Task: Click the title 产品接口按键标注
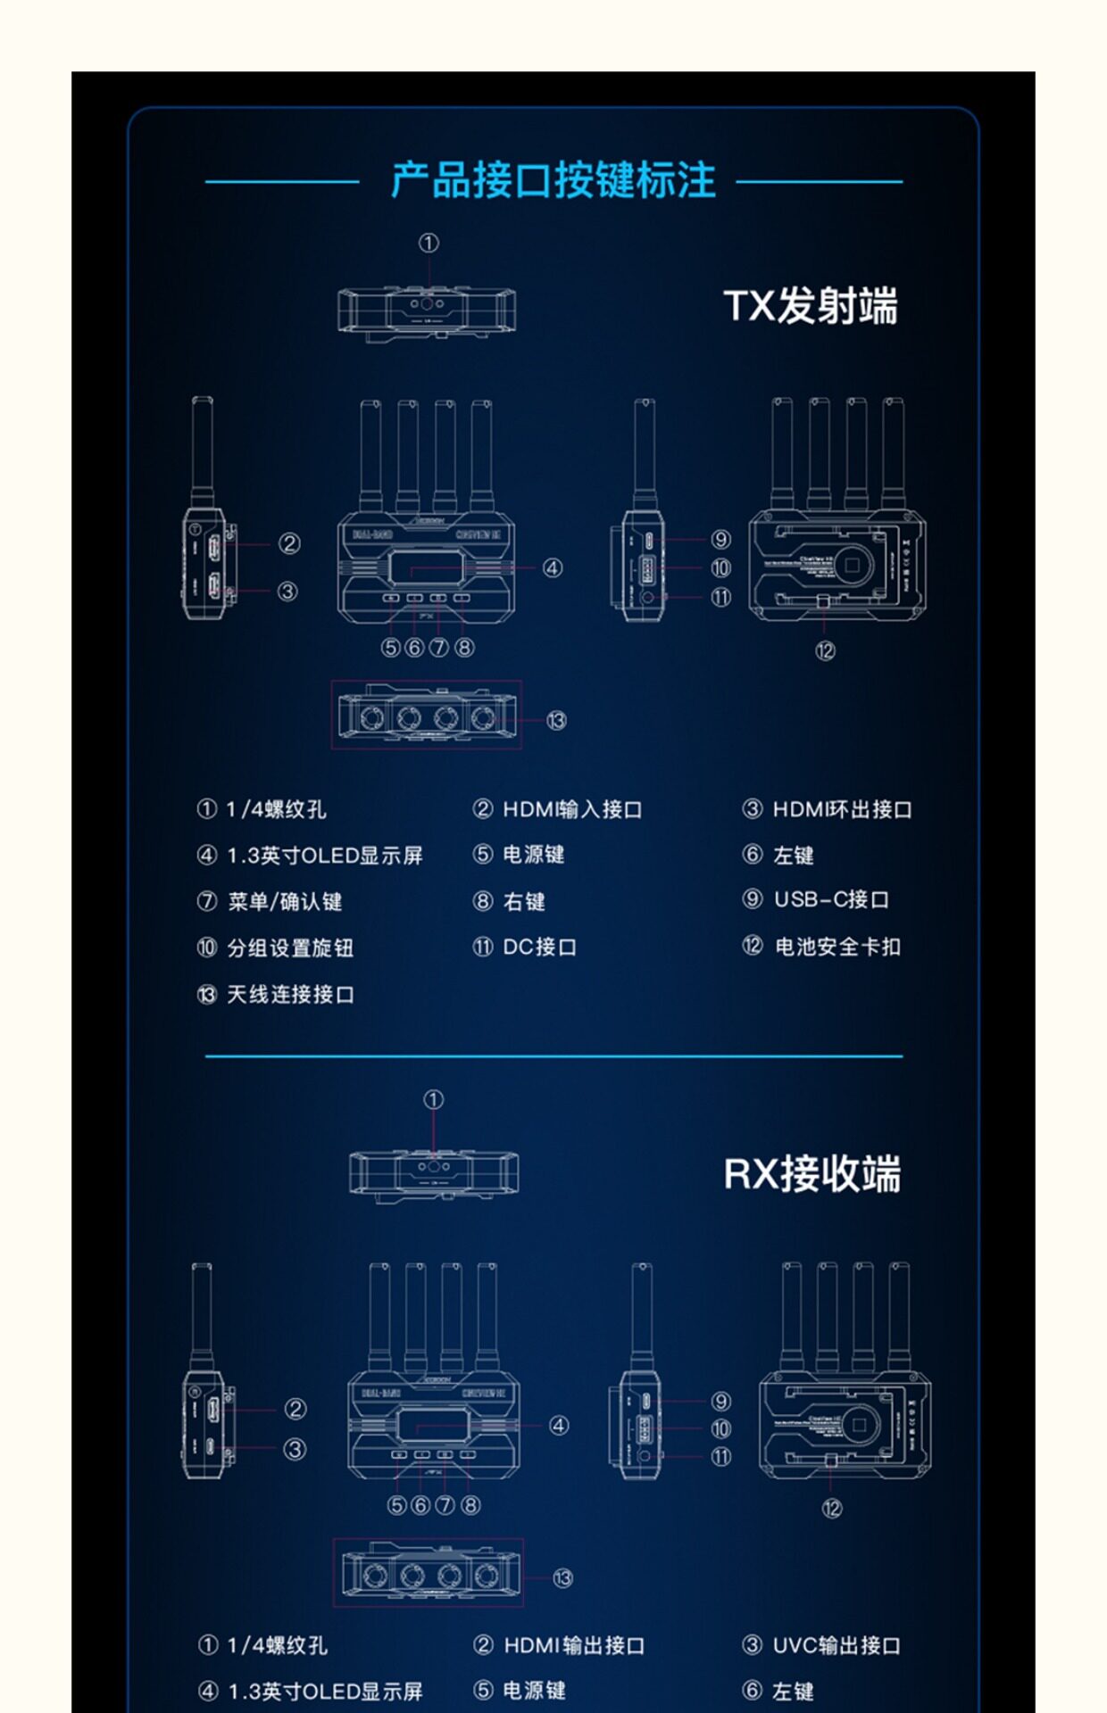pyautogui.click(x=553, y=180)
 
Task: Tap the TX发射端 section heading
pyautogui.click(x=810, y=306)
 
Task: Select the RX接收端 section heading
pyautogui.click(x=812, y=1173)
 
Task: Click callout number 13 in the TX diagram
pyautogui.click(x=556, y=720)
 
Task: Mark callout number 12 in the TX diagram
pyautogui.click(x=825, y=651)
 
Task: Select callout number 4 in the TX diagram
pyautogui.click(x=553, y=567)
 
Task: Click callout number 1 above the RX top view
pyautogui.click(x=433, y=1100)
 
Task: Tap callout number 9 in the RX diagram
pyautogui.click(x=721, y=1402)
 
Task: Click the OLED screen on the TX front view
pyautogui.click(x=427, y=567)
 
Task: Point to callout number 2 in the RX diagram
pyautogui.click(x=295, y=1409)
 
